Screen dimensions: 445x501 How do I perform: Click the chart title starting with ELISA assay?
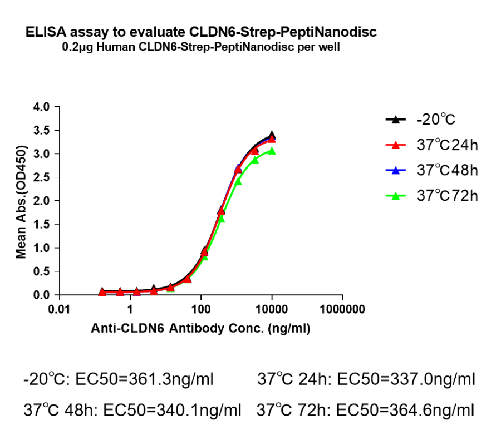pyautogui.click(x=201, y=32)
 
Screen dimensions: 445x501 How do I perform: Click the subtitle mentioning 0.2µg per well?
pyautogui.click(x=201, y=47)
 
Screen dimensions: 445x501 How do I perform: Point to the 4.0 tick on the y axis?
pyautogui.click(x=42, y=106)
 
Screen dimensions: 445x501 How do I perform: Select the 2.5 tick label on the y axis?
pyautogui.click(x=42, y=177)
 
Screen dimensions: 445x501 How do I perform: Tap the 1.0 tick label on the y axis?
pyautogui.click(x=42, y=248)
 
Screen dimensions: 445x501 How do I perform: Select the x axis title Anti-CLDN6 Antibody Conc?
pyautogui.click(x=200, y=329)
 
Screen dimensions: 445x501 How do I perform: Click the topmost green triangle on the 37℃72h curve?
pyautogui.click(x=272, y=151)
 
